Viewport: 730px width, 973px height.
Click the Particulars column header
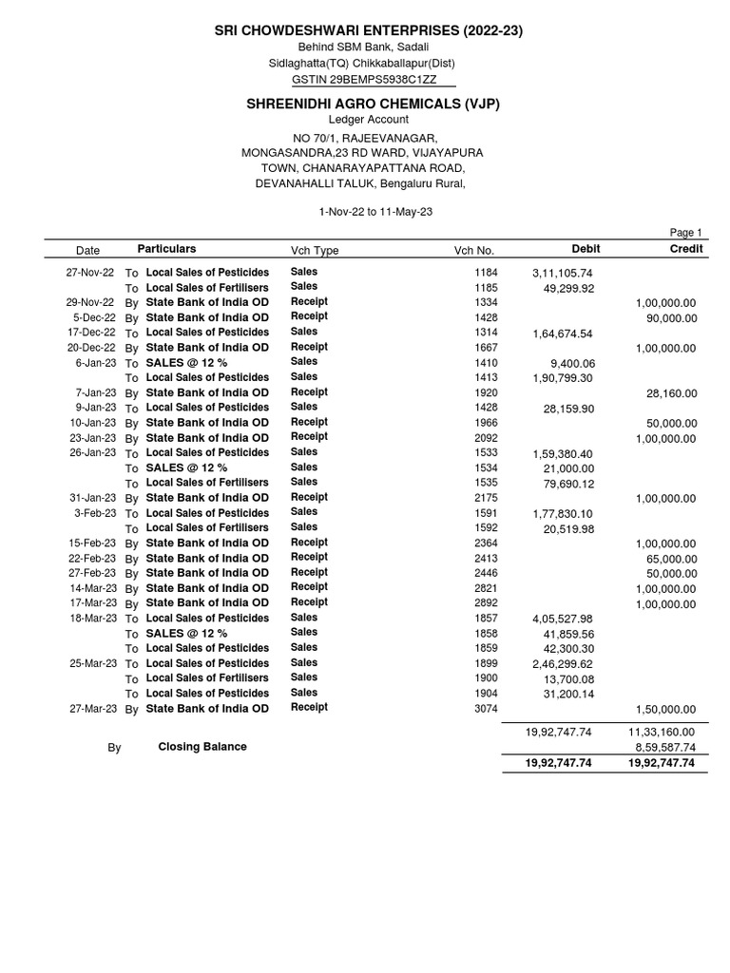[x=166, y=249]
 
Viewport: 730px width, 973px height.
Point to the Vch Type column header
[x=315, y=251]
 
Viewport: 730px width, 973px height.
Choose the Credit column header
[x=686, y=249]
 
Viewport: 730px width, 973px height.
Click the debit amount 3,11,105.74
[x=562, y=274]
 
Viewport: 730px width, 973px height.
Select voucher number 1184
[x=486, y=273]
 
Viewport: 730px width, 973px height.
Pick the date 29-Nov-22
[x=91, y=302]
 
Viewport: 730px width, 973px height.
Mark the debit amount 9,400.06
[x=572, y=363]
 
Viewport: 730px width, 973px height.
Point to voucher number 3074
[x=486, y=709]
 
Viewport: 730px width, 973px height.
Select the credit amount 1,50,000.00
[x=665, y=710]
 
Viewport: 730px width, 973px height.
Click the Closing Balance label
[x=202, y=747]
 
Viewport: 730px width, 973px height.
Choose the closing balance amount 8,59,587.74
[x=665, y=748]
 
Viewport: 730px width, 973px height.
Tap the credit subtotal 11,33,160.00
[x=662, y=733]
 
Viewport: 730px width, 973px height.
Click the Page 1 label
[x=685, y=233]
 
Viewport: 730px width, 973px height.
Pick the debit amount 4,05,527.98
[x=562, y=619]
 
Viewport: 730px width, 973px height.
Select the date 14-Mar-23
[x=91, y=588]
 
